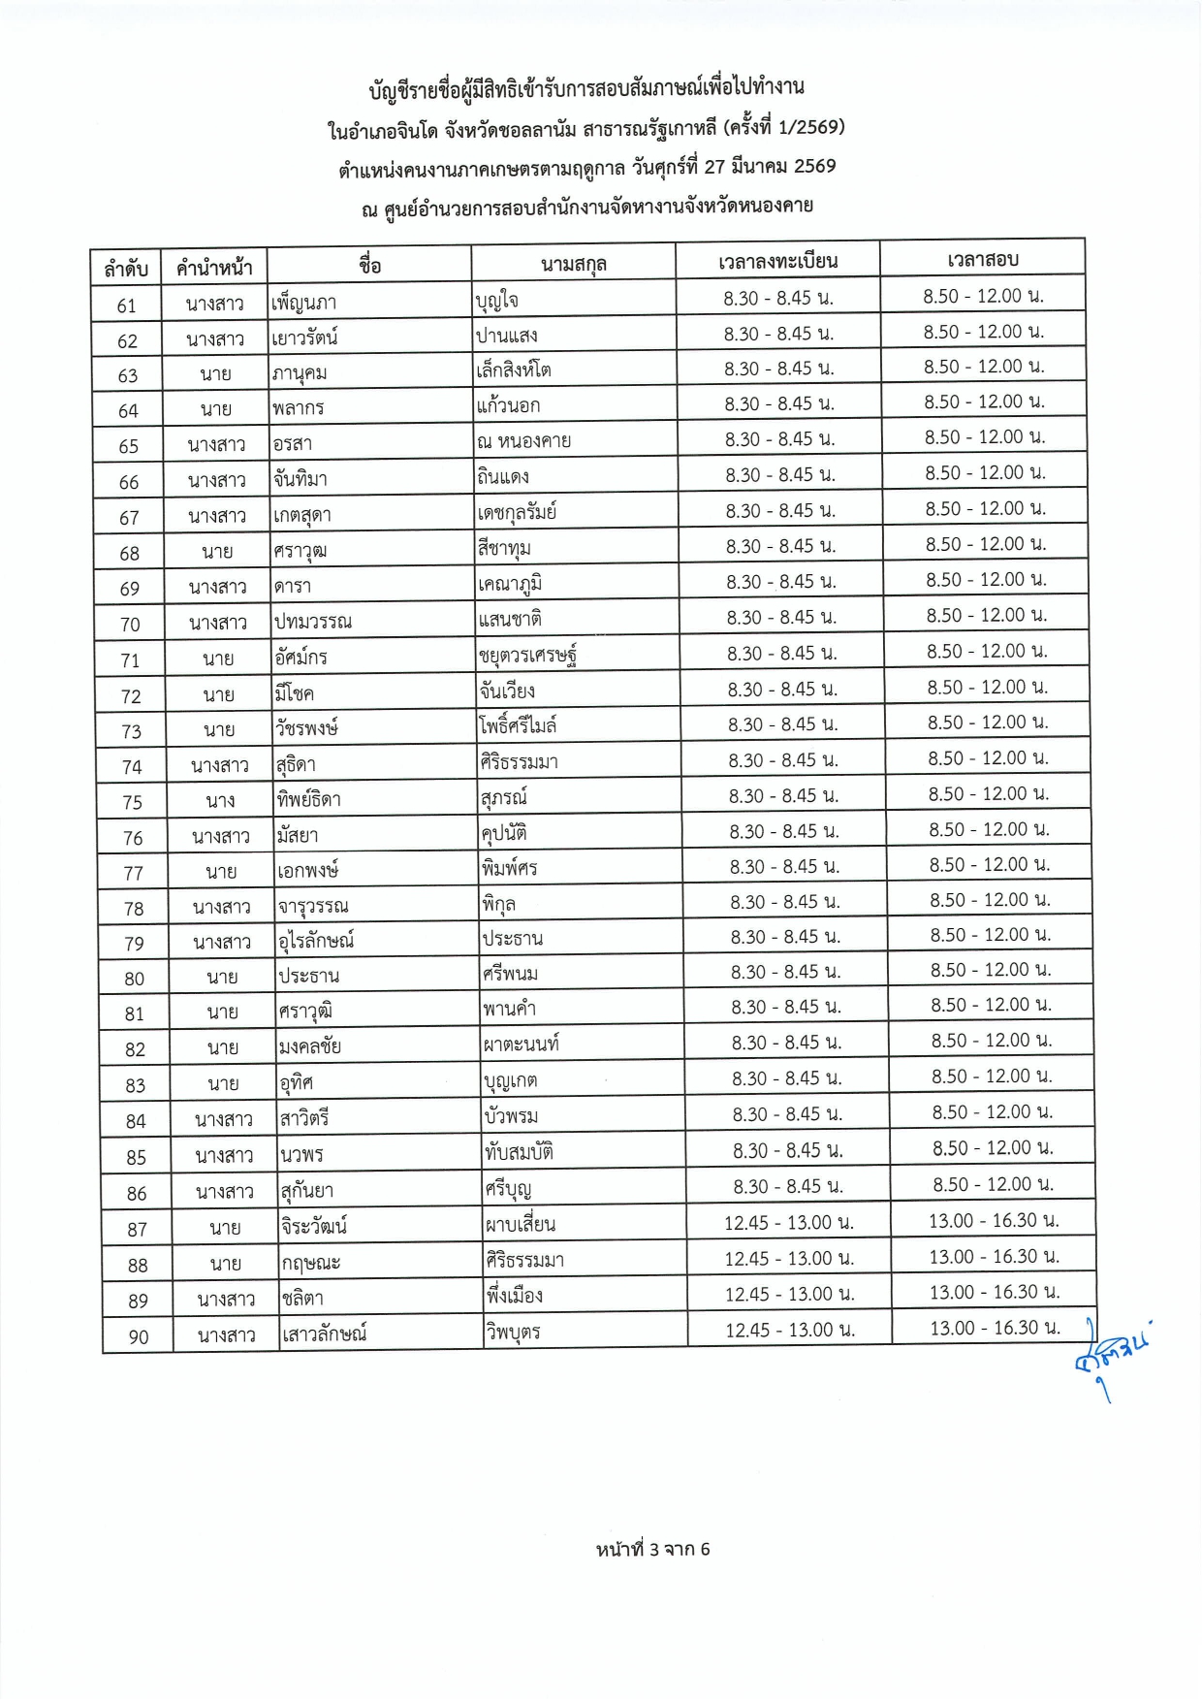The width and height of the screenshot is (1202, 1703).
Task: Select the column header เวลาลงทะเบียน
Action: (x=777, y=261)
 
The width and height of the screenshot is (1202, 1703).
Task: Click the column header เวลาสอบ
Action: (x=982, y=259)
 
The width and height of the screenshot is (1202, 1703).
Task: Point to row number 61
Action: (x=126, y=305)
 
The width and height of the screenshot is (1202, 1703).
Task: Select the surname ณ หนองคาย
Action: (x=523, y=441)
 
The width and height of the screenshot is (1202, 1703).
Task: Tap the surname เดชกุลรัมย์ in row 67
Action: (x=518, y=512)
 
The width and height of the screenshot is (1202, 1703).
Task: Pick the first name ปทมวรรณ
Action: (x=312, y=622)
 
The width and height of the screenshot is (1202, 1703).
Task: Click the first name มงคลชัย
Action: (x=309, y=1046)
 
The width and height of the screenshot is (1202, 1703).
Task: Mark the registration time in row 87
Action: (x=788, y=1223)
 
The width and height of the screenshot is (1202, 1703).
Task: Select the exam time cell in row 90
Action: (x=995, y=1328)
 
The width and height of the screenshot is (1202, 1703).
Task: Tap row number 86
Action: (x=137, y=1193)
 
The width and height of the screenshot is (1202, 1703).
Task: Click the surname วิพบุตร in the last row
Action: (x=513, y=1332)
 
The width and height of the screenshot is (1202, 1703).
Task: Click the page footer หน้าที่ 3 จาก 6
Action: (x=652, y=1549)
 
